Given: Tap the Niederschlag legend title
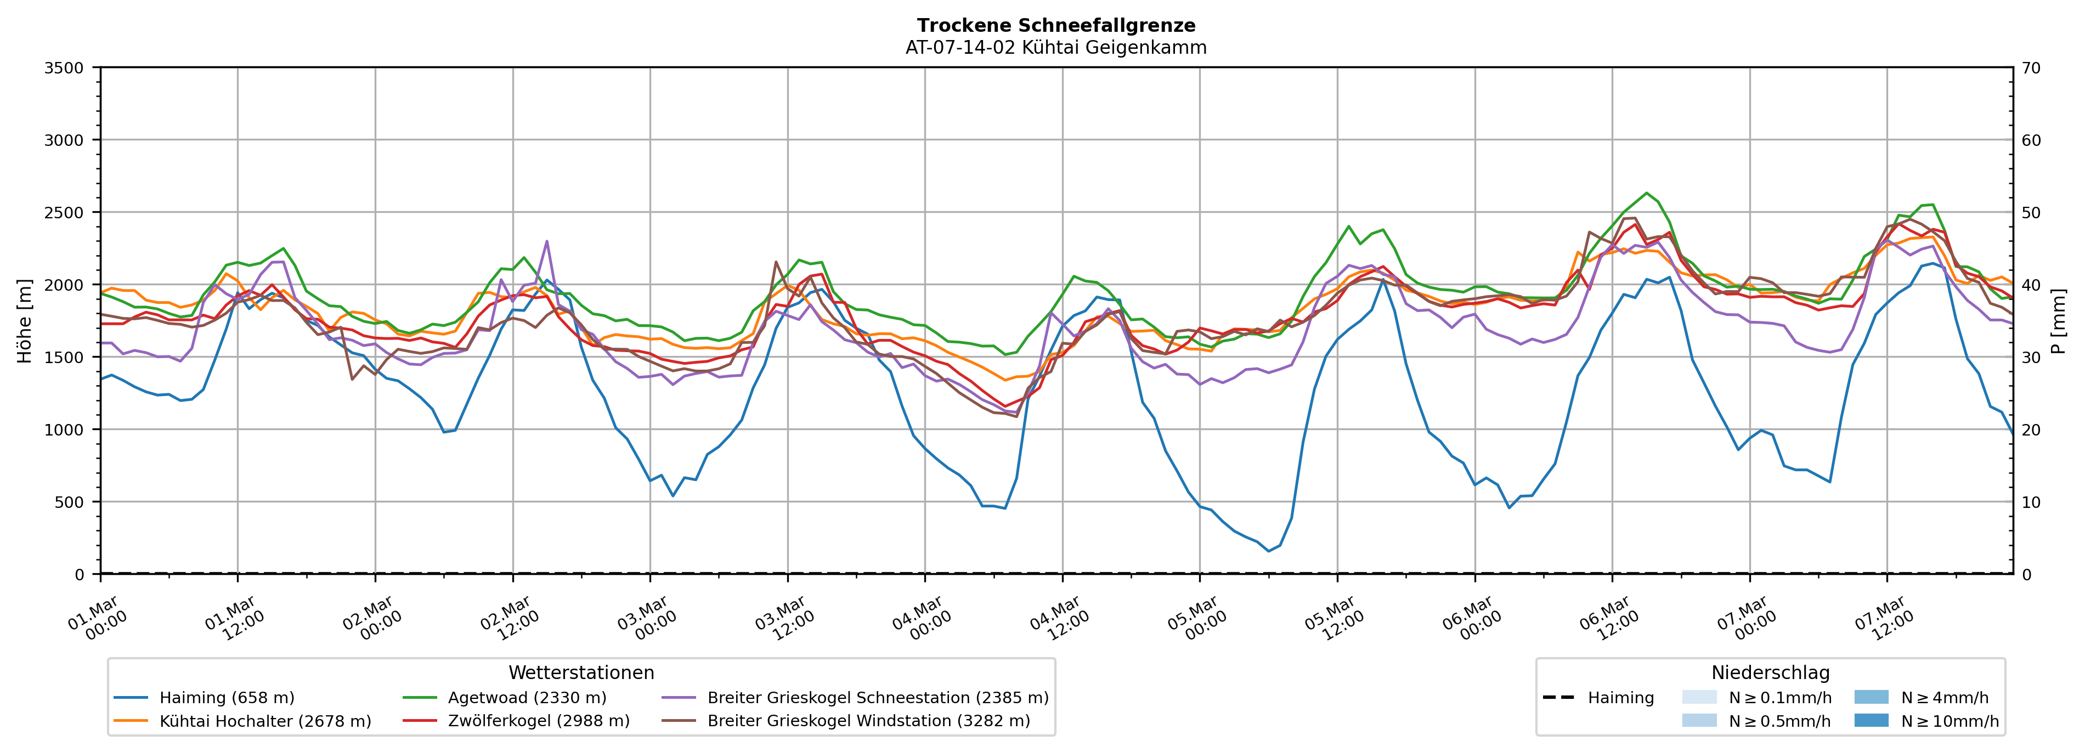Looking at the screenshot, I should (1770, 672).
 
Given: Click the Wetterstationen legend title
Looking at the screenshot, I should (581, 672).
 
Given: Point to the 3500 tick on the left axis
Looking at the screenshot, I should (64, 68).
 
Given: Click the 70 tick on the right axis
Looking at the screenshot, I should (2031, 68).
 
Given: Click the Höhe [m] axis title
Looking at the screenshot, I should (25, 320).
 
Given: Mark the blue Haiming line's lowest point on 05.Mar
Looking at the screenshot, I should (1268, 551).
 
